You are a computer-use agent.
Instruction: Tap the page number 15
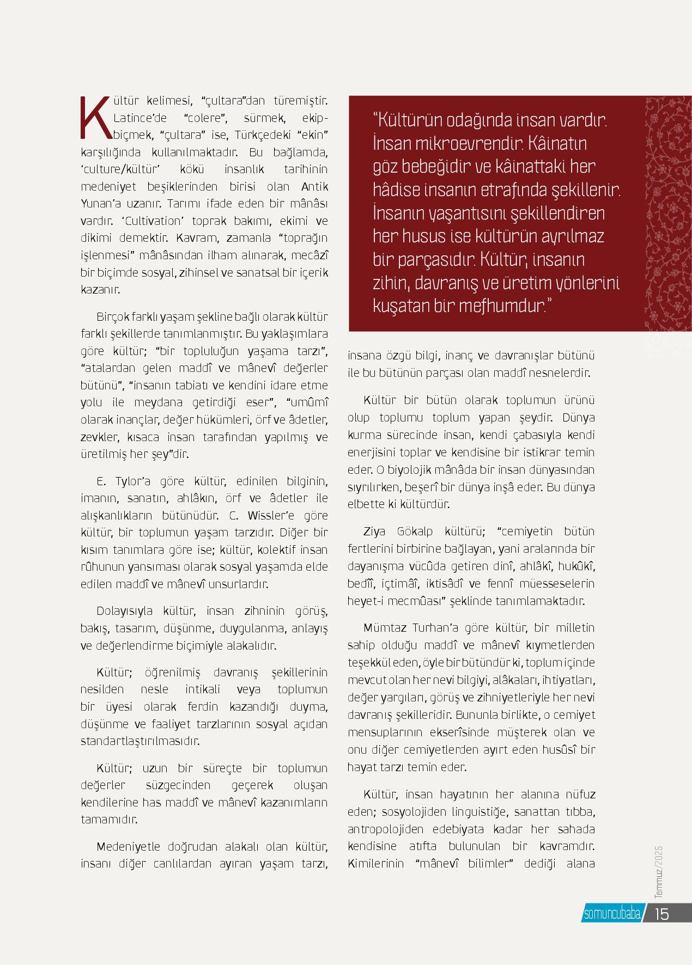661,913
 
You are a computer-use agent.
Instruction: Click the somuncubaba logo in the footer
612,914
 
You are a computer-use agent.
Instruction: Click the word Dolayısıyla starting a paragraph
125,611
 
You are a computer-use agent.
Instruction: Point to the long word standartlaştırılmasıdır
140,741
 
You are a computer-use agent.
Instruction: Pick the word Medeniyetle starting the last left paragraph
129,847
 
